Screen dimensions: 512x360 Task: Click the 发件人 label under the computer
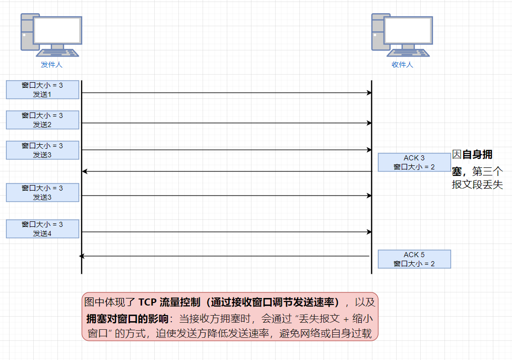[x=51, y=65]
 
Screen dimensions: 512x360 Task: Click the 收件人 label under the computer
[x=402, y=65]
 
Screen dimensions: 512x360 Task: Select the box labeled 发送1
[x=42, y=90]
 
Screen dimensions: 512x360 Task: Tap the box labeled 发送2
[x=42, y=120]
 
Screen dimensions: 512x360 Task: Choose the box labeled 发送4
[x=42, y=229]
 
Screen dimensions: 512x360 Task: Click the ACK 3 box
[x=414, y=162]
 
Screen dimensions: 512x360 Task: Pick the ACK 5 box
[x=414, y=259]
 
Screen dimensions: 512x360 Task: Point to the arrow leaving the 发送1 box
[x=227, y=93]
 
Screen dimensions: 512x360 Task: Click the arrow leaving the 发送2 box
[x=227, y=123]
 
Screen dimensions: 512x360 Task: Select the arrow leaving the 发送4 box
[x=227, y=232]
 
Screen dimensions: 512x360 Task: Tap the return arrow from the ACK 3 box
[x=227, y=172]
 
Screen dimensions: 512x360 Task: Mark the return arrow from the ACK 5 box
[x=227, y=256]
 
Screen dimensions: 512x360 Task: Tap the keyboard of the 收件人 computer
[x=409, y=52]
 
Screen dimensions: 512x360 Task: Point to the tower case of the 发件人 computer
[x=27, y=32]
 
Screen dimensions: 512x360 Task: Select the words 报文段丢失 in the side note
[x=477, y=185]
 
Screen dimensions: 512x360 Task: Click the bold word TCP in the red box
[x=148, y=303]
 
